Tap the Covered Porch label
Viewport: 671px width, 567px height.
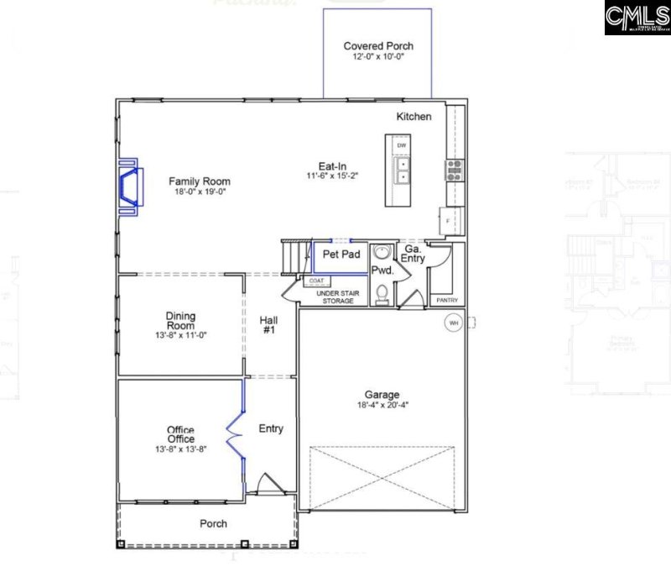(x=378, y=46)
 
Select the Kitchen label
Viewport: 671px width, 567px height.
(x=414, y=116)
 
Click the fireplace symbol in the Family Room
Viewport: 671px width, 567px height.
(x=129, y=186)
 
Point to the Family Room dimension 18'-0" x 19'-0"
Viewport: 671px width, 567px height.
(x=200, y=192)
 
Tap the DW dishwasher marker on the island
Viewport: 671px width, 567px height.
(x=402, y=146)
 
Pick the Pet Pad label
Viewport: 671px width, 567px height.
(x=341, y=255)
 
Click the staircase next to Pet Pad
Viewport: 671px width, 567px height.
(x=294, y=253)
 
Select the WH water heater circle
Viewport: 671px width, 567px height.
(x=454, y=322)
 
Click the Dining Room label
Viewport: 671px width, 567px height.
(x=180, y=321)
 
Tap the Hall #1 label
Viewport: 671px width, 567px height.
(x=268, y=324)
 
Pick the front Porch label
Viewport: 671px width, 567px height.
(x=213, y=523)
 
